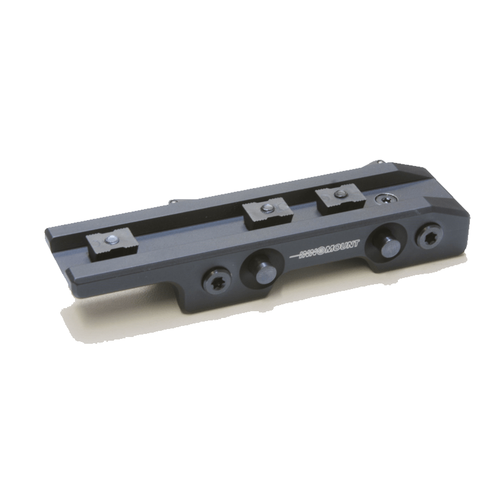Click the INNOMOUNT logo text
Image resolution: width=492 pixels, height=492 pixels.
pos(325,249)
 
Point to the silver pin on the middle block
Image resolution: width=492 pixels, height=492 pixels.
pos(266,207)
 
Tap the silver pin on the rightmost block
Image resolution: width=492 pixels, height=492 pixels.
pos(339,194)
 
